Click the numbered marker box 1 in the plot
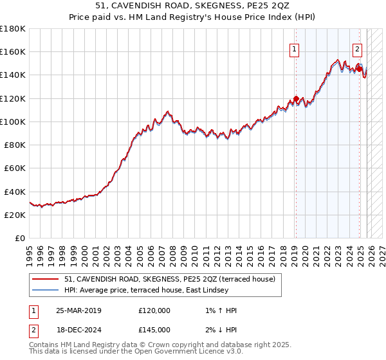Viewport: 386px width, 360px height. coord(295,48)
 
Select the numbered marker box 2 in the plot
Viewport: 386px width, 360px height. coord(357,48)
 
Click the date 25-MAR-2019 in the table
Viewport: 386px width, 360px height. coord(78,310)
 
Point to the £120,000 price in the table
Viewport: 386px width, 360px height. coord(154,310)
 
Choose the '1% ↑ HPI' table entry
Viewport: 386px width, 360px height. coord(220,310)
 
